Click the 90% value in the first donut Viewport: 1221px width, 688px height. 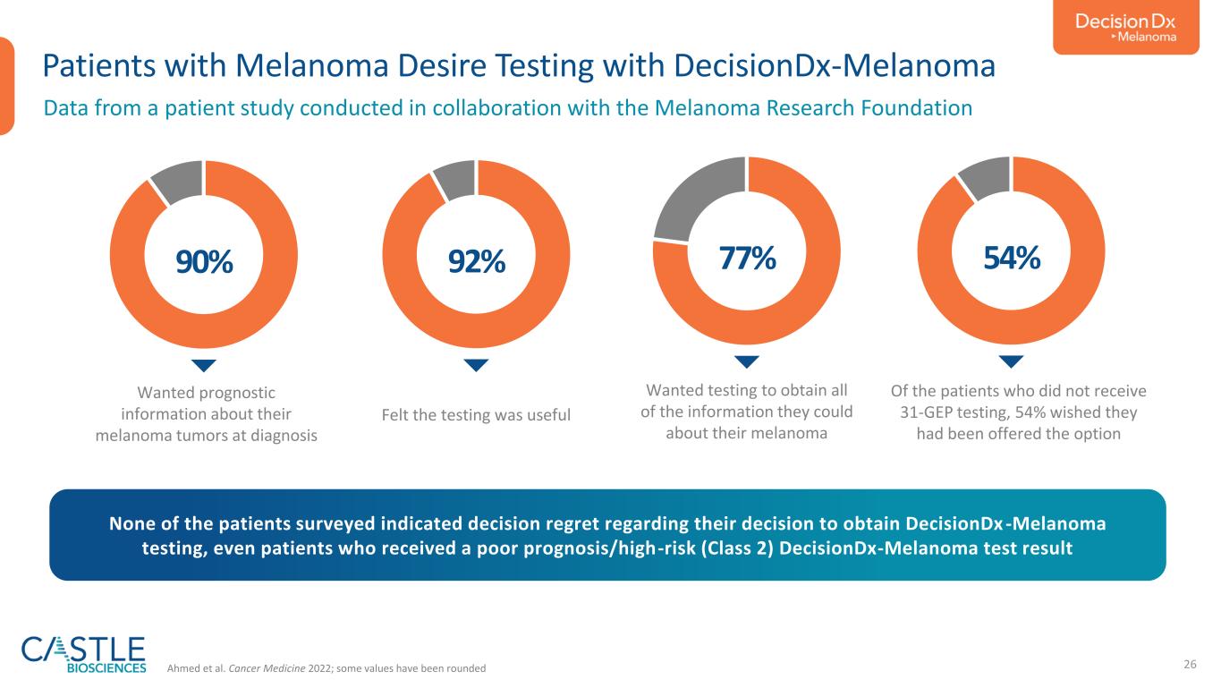204,261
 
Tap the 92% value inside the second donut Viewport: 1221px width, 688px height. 477,261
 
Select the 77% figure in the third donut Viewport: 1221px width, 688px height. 747,258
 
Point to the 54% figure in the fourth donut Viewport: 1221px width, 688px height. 1012,258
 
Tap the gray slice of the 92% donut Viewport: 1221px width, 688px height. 455,179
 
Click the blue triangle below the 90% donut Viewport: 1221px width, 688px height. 204,365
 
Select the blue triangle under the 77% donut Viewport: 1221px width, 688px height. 747,361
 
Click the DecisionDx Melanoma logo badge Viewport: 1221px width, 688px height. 1125,27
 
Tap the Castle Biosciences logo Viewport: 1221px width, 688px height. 83,654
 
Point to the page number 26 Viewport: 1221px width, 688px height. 1190,664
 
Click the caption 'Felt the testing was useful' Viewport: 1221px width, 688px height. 476,415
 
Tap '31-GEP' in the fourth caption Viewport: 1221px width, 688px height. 926,412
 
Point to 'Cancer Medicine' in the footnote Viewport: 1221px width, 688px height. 267,668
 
